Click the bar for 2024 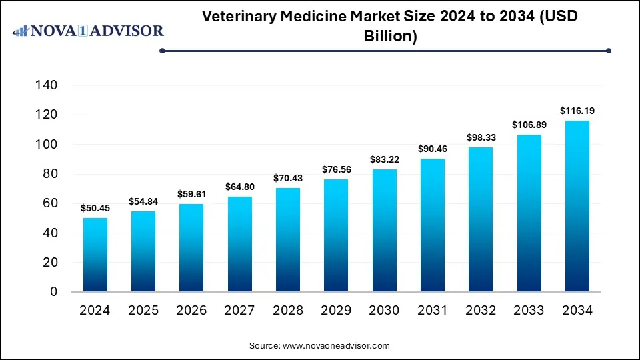click(95, 255)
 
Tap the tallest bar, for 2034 click(577, 206)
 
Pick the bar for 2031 click(433, 225)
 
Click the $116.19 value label click(577, 109)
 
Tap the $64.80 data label click(240, 186)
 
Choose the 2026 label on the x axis click(192, 310)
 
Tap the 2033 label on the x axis click(529, 310)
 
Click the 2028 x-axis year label click(288, 310)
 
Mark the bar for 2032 click(481, 219)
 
